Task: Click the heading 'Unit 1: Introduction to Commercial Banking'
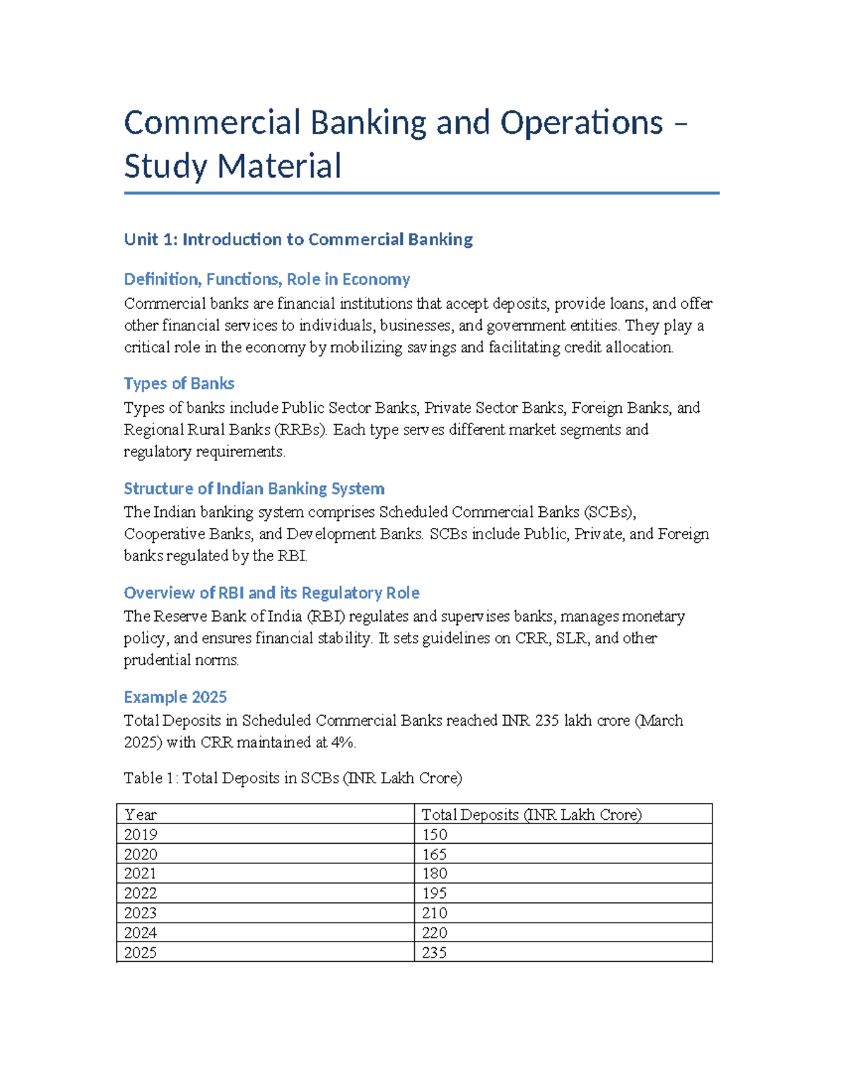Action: click(x=298, y=240)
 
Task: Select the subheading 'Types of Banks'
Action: click(x=179, y=384)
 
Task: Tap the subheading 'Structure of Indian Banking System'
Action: click(x=254, y=489)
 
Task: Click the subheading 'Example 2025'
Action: click(x=175, y=698)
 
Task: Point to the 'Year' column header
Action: click(x=141, y=815)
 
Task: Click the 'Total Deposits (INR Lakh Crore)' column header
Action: click(x=531, y=815)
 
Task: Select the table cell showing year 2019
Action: click(x=141, y=835)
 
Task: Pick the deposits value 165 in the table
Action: click(x=435, y=854)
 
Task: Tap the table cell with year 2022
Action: click(x=141, y=894)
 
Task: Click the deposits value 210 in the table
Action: click(x=435, y=913)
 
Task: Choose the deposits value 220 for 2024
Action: click(x=435, y=933)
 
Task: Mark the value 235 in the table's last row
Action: click(x=435, y=953)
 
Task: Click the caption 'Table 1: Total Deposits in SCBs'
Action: click(x=293, y=778)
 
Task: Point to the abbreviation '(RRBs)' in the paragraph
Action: click(x=300, y=430)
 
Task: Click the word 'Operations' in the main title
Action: click(x=582, y=123)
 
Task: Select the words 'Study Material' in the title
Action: click(x=233, y=167)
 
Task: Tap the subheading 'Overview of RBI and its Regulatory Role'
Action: click(x=271, y=593)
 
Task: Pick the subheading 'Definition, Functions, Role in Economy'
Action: click(x=267, y=280)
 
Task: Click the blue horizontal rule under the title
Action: click(x=421, y=193)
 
